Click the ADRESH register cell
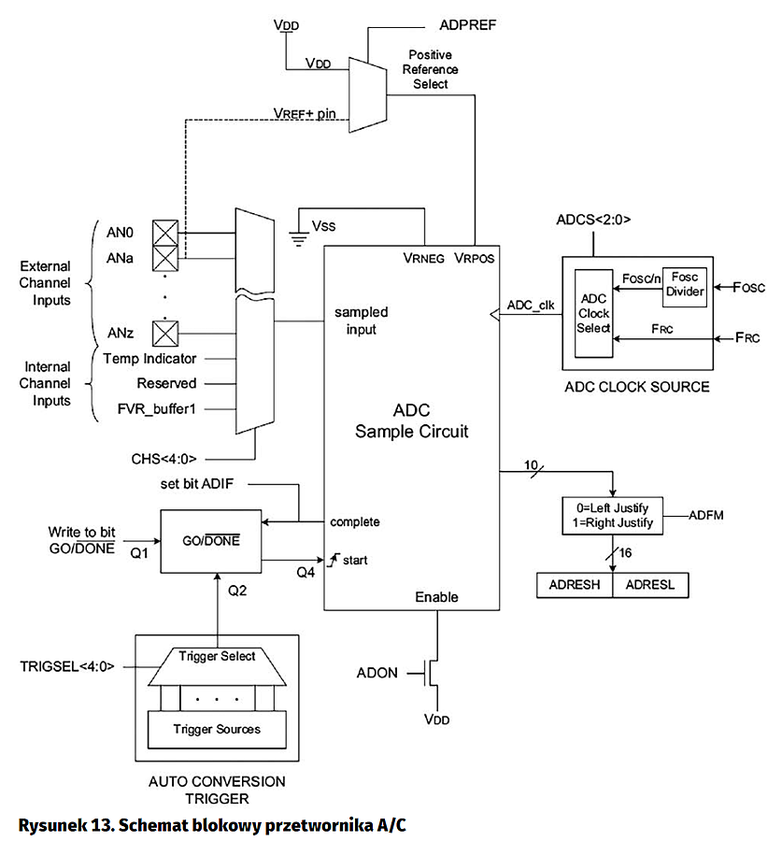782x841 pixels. point(575,586)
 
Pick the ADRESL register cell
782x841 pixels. point(649,586)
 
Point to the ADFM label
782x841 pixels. point(707,515)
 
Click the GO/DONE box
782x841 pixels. point(213,540)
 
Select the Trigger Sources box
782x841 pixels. point(216,728)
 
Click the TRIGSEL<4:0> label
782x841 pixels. point(66,667)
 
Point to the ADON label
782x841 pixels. point(377,673)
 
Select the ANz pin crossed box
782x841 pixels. point(165,331)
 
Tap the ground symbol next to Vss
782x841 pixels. point(299,235)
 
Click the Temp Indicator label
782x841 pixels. point(149,359)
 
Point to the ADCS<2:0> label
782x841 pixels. point(592,221)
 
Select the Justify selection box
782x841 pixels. point(613,516)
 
